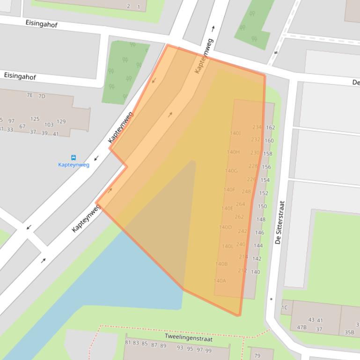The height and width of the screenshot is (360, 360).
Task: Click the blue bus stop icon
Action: (73, 158)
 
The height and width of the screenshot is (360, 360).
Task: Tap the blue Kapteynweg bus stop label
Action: (73, 165)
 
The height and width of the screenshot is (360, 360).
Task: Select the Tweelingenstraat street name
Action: (188, 337)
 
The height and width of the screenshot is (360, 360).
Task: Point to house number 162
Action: (270, 127)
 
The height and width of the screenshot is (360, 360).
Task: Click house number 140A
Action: (220, 281)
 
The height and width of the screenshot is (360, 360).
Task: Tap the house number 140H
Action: (233, 152)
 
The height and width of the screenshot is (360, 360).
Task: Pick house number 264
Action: (240, 204)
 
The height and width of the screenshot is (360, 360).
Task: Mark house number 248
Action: (246, 191)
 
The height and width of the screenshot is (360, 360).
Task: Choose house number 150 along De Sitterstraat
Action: (262, 206)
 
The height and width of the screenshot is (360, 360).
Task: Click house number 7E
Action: (30, 95)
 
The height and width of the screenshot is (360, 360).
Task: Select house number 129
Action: (61, 122)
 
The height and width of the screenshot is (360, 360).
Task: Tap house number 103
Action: (49, 125)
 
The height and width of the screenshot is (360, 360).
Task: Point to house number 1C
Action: (284, 308)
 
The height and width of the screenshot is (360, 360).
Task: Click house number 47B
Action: (301, 327)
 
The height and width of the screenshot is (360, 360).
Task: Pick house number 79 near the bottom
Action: (257, 356)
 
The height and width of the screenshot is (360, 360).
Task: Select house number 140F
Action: (229, 190)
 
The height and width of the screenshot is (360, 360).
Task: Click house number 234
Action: (257, 127)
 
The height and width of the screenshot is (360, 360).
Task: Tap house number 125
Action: (35, 119)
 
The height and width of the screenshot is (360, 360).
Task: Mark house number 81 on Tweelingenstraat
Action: (128, 343)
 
